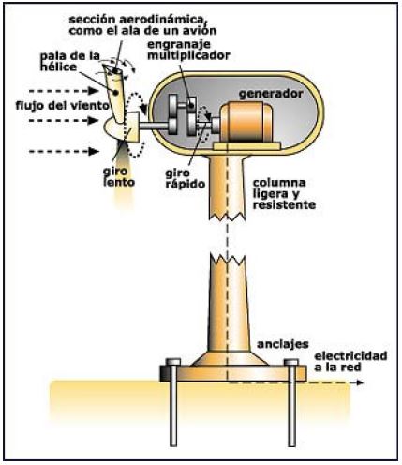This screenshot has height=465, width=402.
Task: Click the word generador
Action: click(x=271, y=94)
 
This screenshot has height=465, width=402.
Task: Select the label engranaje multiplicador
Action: click(x=188, y=50)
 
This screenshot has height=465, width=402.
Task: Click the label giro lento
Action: click(x=119, y=176)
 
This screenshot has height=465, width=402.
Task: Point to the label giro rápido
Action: click(x=185, y=178)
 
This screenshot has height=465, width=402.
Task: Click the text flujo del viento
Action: click(x=63, y=106)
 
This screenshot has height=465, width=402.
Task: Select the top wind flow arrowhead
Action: click(x=94, y=91)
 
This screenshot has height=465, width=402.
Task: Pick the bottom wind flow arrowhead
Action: click(x=94, y=152)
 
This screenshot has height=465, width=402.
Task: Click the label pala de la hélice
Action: click(x=70, y=61)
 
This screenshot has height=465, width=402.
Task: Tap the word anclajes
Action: click(x=283, y=344)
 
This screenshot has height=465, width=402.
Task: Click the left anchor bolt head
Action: click(x=173, y=362)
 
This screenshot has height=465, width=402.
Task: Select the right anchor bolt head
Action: click(x=291, y=362)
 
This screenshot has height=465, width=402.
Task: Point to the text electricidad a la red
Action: click(x=350, y=361)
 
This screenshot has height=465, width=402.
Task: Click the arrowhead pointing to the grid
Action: click(x=360, y=382)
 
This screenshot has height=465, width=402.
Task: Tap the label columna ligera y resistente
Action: click(x=284, y=194)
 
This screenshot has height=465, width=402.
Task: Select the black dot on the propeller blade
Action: click(x=116, y=93)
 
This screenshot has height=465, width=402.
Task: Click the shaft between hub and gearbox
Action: click(x=154, y=126)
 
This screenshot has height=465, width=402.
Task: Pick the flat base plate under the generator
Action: click(x=247, y=145)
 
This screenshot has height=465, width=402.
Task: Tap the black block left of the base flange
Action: click(x=165, y=373)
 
